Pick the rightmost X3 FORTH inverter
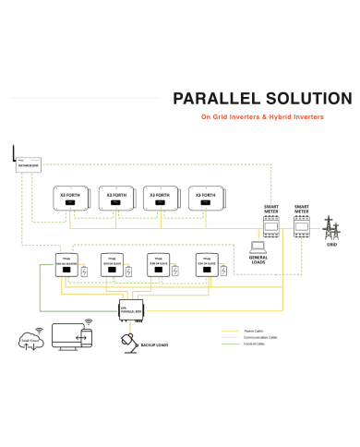click(x=206, y=200)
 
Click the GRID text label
click(x=330, y=246)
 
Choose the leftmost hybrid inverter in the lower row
click(x=67, y=264)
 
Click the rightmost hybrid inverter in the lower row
click(x=204, y=264)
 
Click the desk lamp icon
click(x=128, y=342)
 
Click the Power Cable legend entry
click(x=252, y=329)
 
